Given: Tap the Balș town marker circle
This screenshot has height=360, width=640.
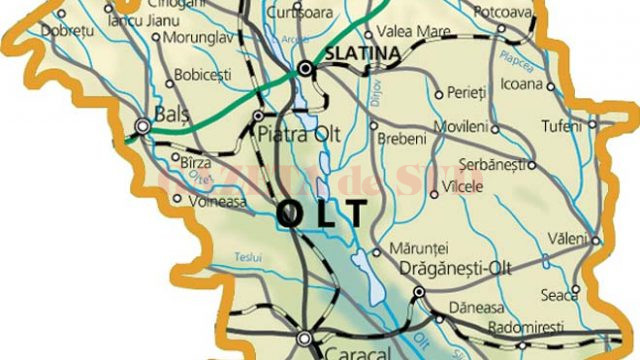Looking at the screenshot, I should click(144, 126).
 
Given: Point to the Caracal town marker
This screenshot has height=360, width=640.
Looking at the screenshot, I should click(304, 337).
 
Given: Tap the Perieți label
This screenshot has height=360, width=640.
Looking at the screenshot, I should click(464, 93).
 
